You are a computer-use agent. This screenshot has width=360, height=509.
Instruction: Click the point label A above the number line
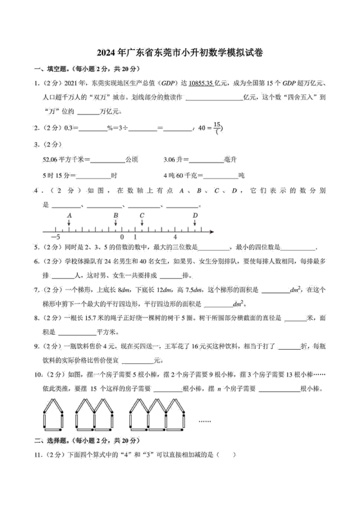click(x=69, y=216)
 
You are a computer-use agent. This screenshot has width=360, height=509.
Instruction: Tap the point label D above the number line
click(x=195, y=216)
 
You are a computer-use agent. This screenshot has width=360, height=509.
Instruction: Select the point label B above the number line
click(x=116, y=216)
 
